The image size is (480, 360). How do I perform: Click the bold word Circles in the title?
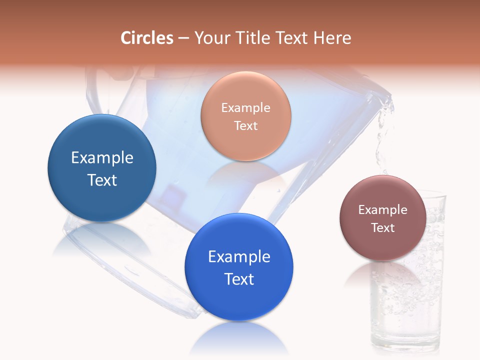click(x=147, y=38)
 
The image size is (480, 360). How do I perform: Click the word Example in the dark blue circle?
click(x=102, y=158)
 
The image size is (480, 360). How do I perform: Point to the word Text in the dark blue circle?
click(x=102, y=180)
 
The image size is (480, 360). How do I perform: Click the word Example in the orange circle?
click(x=245, y=107)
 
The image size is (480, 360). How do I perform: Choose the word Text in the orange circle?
click(x=245, y=125)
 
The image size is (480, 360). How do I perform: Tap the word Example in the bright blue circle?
click(x=239, y=257)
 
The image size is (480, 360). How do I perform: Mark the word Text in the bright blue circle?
click(x=239, y=279)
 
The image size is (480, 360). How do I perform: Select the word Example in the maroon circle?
click(x=382, y=209)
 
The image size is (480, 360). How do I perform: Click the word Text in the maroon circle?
click(x=382, y=227)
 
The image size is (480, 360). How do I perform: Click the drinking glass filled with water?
click(x=407, y=310)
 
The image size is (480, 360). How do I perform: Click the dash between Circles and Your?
click(x=183, y=38)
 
